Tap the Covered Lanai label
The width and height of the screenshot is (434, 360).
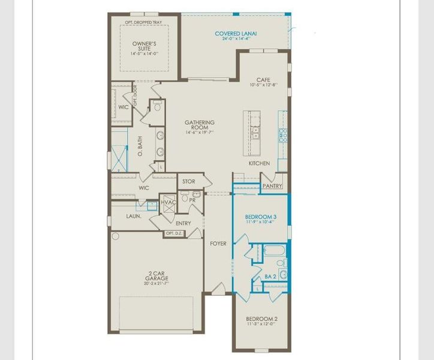pos(236,34)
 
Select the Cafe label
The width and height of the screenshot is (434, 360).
pos(263,80)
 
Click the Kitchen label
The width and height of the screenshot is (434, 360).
pos(260,163)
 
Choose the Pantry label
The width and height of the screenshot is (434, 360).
pos(272,186)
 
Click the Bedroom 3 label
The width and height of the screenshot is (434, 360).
pos(261,216)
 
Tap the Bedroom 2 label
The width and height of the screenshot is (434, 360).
pos(261,319)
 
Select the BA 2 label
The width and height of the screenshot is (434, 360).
pos(270,277)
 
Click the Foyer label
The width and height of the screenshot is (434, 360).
pos(218,244)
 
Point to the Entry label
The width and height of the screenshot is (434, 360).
pos(183,223)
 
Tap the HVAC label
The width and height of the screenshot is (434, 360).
pos(168,203)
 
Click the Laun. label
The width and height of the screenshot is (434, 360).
pos(133,215)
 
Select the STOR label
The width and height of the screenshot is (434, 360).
pos(189,181)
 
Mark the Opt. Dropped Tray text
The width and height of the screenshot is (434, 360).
pos(144,22)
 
